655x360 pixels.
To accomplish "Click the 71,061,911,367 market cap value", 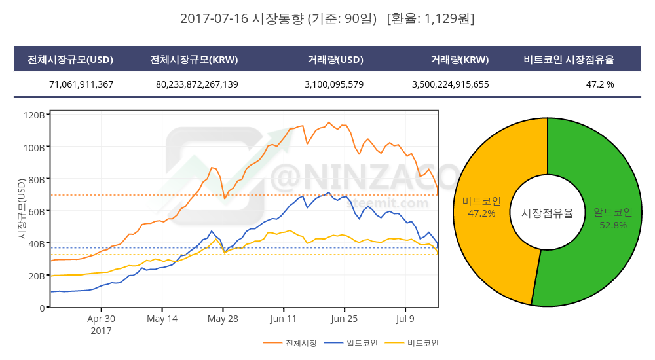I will click(x=81, y=84).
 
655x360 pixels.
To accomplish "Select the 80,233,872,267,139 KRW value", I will click(x=197, y=84).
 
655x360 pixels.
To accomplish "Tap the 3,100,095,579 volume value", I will click(x=334, y=84).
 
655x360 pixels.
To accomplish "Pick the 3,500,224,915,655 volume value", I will click(x=451, y=84).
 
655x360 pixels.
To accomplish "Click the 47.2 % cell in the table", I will click(x=600, y=84).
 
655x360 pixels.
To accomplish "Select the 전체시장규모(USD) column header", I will click(x=70, y=60).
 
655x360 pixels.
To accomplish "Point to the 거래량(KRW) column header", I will click(x=460, y=60).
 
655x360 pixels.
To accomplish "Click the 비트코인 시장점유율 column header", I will click(x=569, y=60).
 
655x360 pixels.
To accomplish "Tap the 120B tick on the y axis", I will click(x=33, y=115).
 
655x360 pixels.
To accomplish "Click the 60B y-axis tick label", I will click(x=36, y=211).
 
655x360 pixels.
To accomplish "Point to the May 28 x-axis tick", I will click(x=223, y=319).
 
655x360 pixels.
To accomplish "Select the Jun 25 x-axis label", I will click(x=345, y=319).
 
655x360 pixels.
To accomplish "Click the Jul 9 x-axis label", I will click(x=405, y=319).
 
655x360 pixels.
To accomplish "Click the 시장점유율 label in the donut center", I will click(x=547, y=213).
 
